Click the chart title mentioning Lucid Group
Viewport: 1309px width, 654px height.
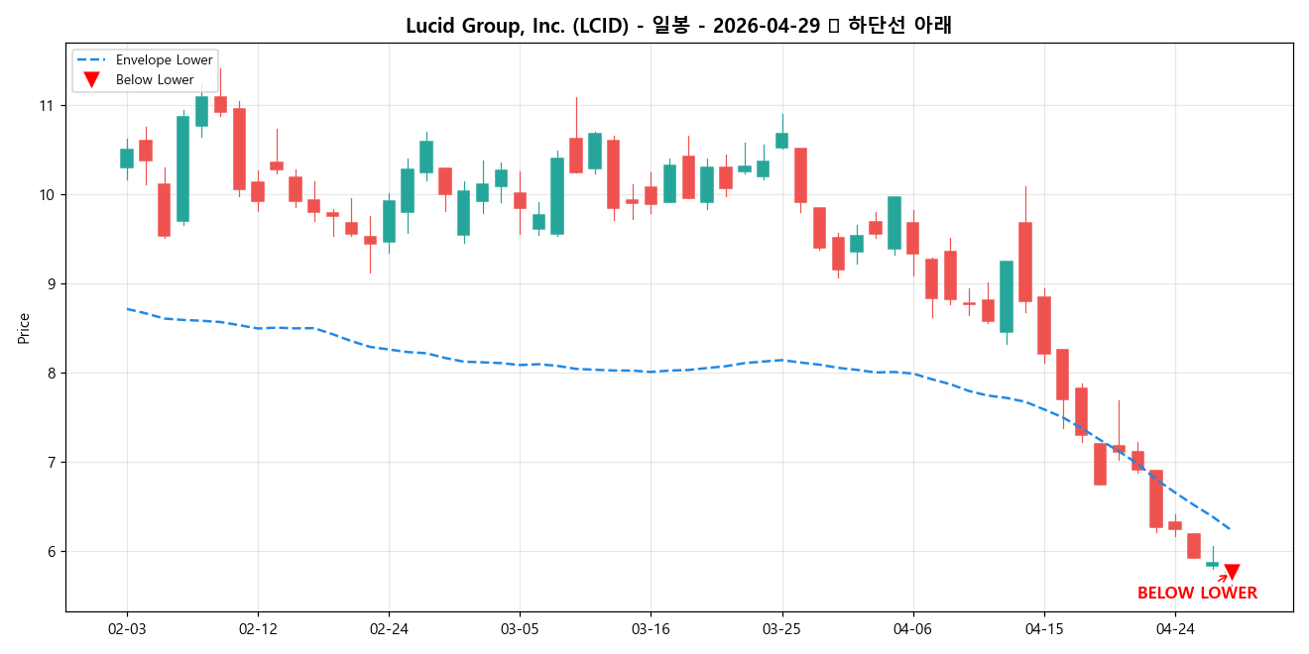point(678,26)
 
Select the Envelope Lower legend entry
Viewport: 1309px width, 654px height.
point(164,60)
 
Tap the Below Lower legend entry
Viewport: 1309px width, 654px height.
point(155,80)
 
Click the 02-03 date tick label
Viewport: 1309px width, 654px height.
point(127,628)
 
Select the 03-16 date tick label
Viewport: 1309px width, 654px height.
point(651,628)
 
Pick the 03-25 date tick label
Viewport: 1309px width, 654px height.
point(781,628)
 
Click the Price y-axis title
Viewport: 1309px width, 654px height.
point(24,328)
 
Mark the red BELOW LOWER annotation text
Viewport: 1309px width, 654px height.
point(1197,594)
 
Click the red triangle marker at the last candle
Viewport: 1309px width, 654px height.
point(1232,572)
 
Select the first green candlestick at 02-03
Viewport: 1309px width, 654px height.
point(127,159)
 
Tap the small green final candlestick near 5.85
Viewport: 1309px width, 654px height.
point(1212,564)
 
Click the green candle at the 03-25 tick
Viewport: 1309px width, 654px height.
point(781,141)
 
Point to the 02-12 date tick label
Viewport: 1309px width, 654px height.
point(258,628)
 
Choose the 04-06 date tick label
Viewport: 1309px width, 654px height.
point(912,628)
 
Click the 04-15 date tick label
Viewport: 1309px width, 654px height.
point(1043,628)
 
